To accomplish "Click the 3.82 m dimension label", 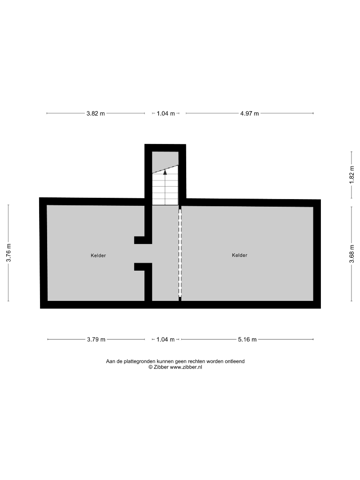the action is pyautogui.click(x=96, y=114).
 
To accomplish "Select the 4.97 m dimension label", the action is pyautogui.click(x=249, y=114).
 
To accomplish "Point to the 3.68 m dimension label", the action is pyautogui.click(x=352, y=253).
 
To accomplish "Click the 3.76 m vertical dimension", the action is pyautogui.click(x=9, y=252).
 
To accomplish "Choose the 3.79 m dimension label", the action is pyautogui.click(x=96, y=340).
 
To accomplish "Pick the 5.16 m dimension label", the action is pyautogui.click(x=248, y=340).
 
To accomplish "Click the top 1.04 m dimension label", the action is pyautogui.click(x=166, y=114).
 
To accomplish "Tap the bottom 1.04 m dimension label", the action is pyautogui.click(x=166, y=340).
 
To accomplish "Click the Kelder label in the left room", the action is pyautogui.click(x=98, y=256).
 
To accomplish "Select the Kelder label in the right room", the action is pyautogui.click(x=240, y=255).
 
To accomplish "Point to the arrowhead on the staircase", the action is pyautogui.click(x=165, y=172).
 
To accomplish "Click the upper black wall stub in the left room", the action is pyautogui.click(x=143, y=240).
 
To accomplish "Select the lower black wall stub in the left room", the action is pyautogui.click(x=143, y=267).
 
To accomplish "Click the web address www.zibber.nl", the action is pyautogui.click(x=186, y=368).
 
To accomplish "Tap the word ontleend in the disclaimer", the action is pyautogui.click(x=235, y=361).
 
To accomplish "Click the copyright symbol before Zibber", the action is pyautogui.click(x=150, y=368).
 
